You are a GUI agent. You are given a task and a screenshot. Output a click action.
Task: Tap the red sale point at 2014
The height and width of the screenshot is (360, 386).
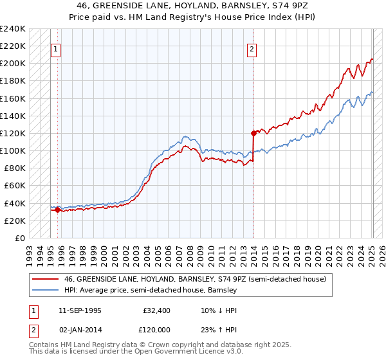click(253, 133)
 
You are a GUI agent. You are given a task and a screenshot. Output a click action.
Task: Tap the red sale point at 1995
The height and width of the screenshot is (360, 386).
click(58, 209)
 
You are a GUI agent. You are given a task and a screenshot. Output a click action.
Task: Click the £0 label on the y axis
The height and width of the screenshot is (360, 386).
click(19, 238)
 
